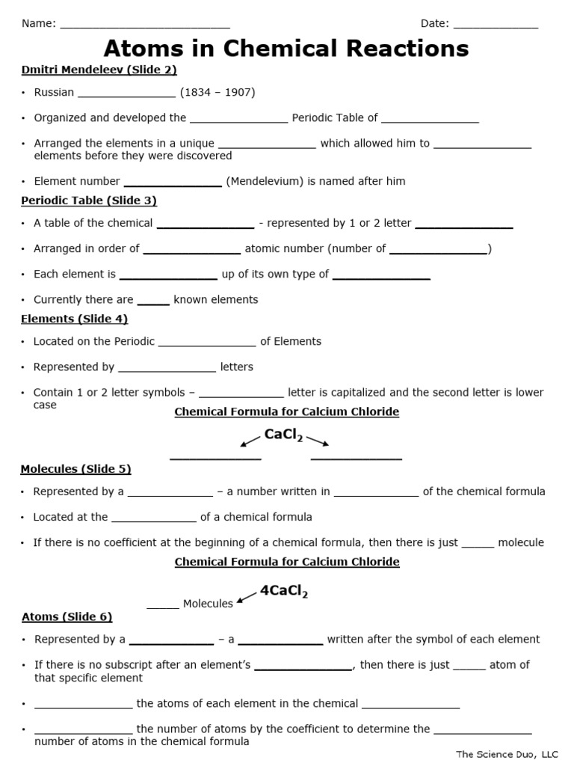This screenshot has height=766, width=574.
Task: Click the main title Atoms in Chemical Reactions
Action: (286, 49)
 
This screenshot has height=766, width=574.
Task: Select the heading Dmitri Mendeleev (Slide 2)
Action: (99, 70)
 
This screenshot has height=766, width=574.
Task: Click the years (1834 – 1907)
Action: (217, 93)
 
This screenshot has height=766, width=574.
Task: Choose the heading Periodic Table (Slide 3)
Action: (88, 200)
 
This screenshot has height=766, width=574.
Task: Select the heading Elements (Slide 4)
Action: (74, 319)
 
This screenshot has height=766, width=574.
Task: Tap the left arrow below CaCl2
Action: (250, 441)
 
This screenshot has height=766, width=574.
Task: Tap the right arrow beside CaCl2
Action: (318, 441)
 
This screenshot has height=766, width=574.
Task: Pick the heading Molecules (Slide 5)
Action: (75, 469)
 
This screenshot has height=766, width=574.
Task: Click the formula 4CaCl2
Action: (283, 591)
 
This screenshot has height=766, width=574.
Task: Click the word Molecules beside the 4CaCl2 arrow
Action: (208, 604)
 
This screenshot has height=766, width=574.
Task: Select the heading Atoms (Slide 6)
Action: (67, 617)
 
